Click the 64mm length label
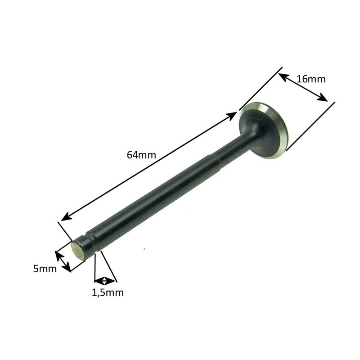(x=141, y=155)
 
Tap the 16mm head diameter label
(x=311, y=79)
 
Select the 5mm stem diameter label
(x=45, y=269)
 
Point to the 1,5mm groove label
(x=108, y=293)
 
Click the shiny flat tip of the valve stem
(x=77, y=251)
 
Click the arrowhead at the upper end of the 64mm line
(x=231, y=116)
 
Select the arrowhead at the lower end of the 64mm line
(x=67, y=216)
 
